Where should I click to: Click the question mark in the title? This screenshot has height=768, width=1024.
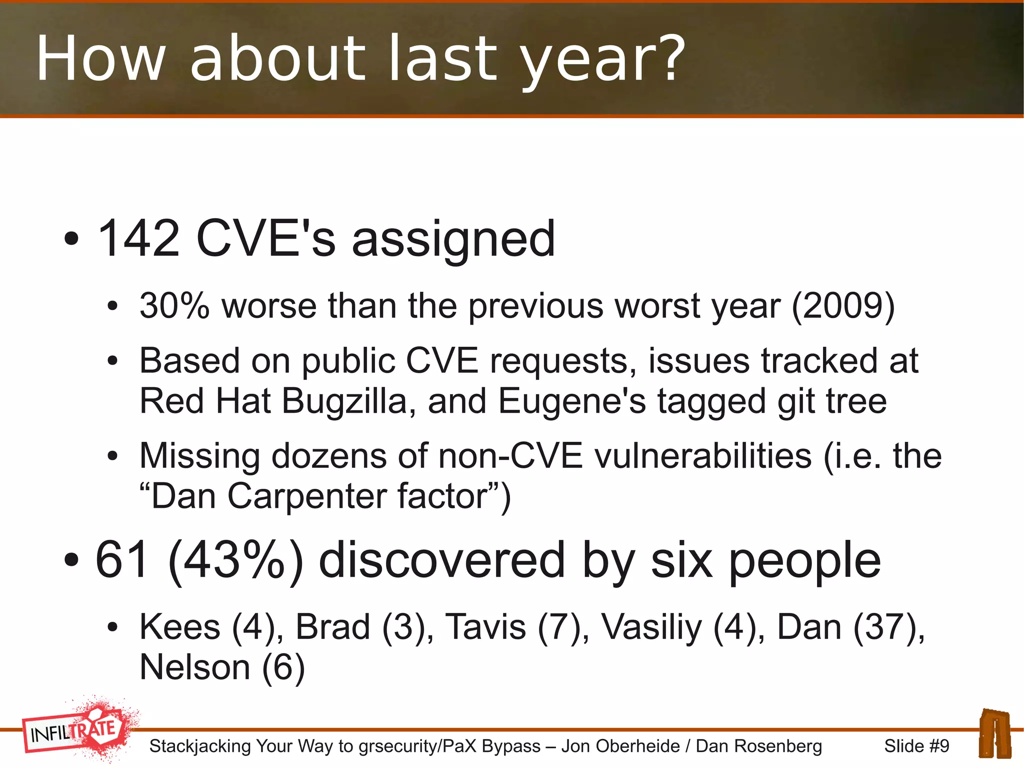[668, 58]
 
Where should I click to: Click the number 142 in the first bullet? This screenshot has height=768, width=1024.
[138, 239]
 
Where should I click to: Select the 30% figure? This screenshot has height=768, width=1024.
[174, 305]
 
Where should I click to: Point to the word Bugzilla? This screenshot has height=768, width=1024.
[344, 401]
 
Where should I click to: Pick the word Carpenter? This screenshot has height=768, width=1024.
[307, 496]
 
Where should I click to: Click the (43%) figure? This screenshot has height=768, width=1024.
[236, 560]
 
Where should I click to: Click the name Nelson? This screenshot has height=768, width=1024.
[194, 667]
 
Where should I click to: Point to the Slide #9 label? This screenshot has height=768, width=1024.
[916, 746]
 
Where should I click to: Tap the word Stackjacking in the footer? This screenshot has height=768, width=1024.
[200, 746]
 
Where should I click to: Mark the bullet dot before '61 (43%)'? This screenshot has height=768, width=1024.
[71, 561]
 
